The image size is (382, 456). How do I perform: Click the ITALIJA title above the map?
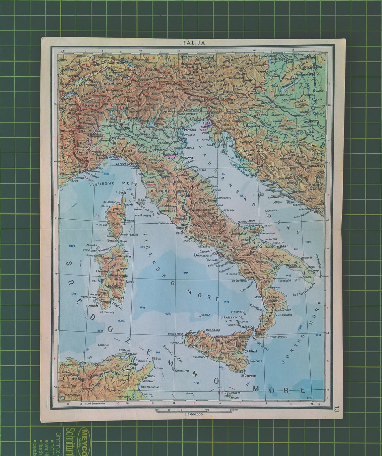192,43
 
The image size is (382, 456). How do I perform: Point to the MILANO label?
124,128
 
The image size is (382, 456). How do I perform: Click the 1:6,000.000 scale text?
191,414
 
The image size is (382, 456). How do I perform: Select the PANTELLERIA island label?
183,371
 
